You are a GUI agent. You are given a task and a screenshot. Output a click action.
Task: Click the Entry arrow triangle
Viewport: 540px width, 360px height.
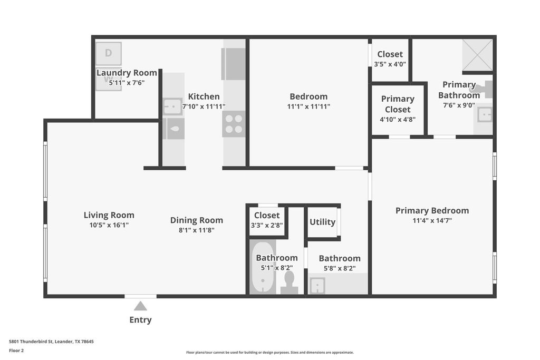(140, 306)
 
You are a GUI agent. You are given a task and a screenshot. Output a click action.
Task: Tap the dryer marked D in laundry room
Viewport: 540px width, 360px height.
(108, 53)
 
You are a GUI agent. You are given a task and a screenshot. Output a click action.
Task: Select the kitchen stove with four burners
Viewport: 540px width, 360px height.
(234, 124)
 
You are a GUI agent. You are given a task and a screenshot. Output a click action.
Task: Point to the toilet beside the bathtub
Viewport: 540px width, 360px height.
(289, 283)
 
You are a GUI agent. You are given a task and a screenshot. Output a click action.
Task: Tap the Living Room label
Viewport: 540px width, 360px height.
(109, 215)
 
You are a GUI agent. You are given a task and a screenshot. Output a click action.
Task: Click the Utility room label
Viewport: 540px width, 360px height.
(322, 222)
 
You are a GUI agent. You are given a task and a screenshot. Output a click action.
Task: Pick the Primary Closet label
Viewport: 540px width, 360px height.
(398, 104)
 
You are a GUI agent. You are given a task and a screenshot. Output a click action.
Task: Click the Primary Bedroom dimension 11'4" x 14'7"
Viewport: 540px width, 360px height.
(432, 221)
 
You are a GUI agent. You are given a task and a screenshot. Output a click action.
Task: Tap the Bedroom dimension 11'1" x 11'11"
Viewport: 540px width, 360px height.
(308, 106)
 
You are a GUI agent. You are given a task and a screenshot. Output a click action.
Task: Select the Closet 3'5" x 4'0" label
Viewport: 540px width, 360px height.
(390, 54)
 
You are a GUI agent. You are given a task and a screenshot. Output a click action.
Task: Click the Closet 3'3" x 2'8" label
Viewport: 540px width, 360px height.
(267, 215)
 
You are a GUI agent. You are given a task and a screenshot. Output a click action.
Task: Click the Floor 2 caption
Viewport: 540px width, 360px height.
(17, 350)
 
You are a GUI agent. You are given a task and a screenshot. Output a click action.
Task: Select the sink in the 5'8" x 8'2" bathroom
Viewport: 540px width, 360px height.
(317, 286)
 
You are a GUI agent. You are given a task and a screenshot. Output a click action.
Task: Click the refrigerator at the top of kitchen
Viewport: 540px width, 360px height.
(234, 64)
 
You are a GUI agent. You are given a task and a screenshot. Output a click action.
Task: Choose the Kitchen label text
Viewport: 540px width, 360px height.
(204, 96)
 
